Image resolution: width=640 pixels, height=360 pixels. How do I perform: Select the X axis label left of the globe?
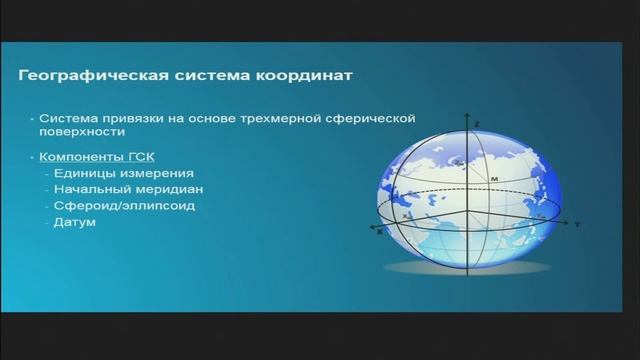[380, 232]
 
